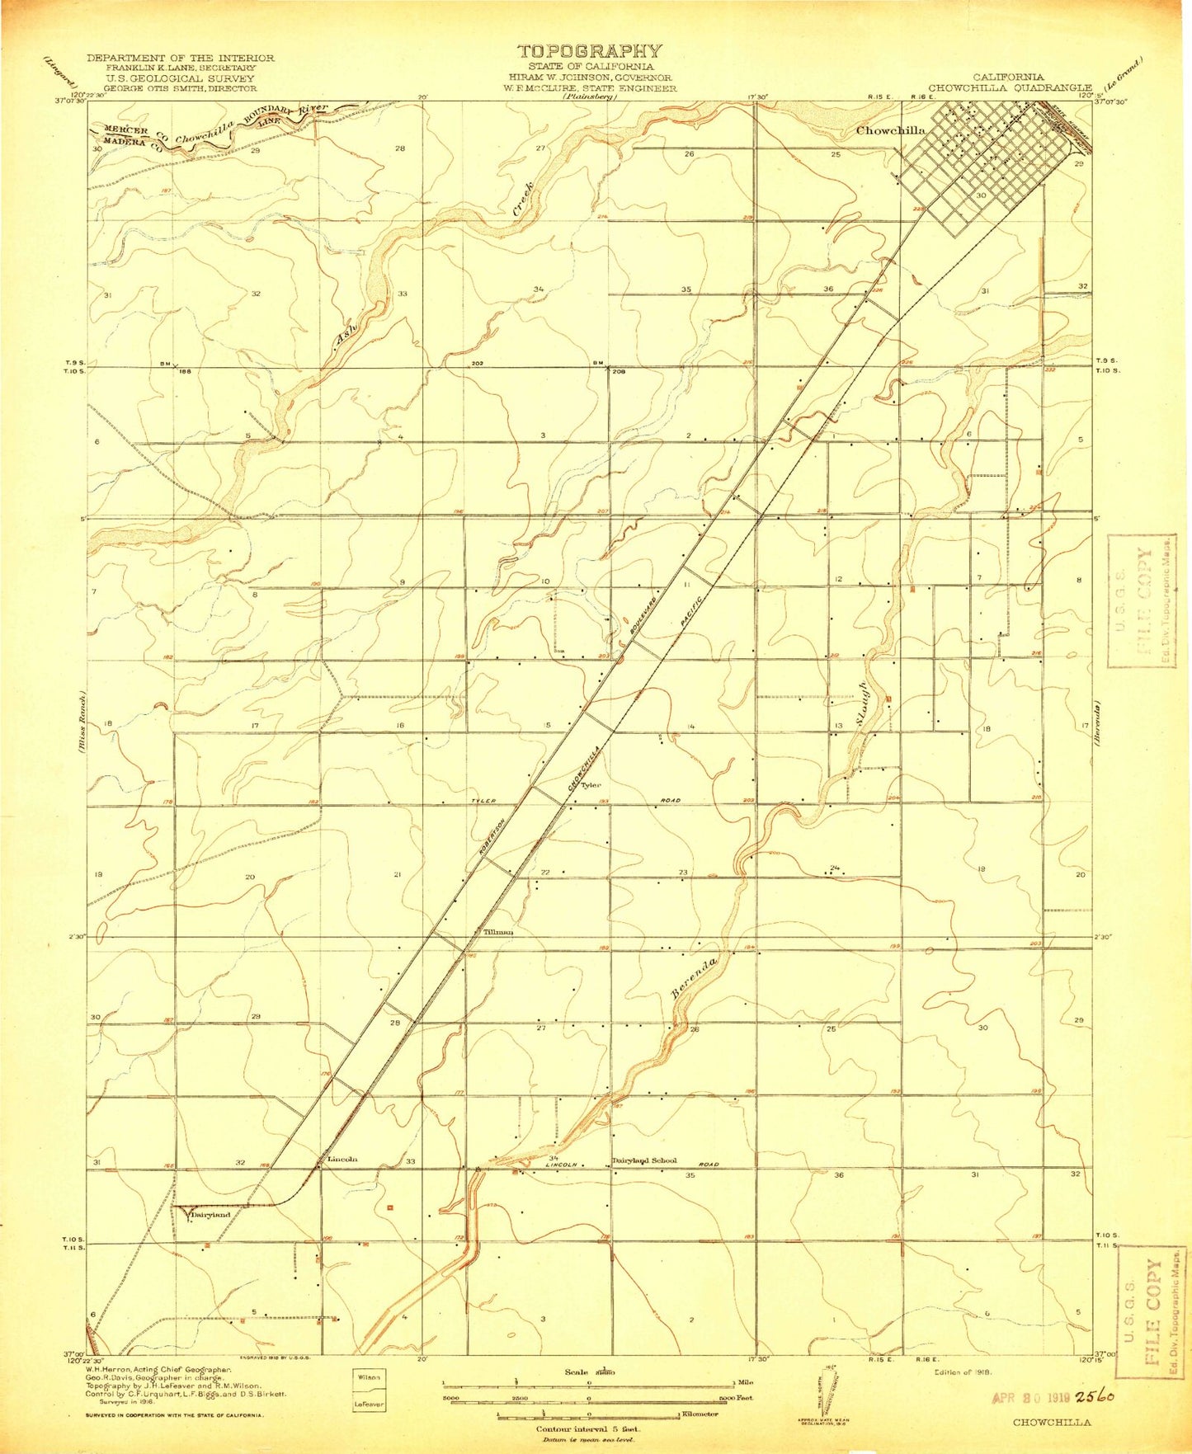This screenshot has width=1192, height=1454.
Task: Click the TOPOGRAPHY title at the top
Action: point(589,52)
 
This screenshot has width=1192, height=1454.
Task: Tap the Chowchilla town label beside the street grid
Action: point(890,130)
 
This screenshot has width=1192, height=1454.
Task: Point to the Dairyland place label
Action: point(211,1215)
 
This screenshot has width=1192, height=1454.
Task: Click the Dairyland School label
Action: point(643,1160)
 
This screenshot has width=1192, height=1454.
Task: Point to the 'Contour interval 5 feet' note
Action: point(588,1428)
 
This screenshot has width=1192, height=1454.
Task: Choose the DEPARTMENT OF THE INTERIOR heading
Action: point(181,58)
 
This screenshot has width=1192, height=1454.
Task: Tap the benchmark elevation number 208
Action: point(620,372)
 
